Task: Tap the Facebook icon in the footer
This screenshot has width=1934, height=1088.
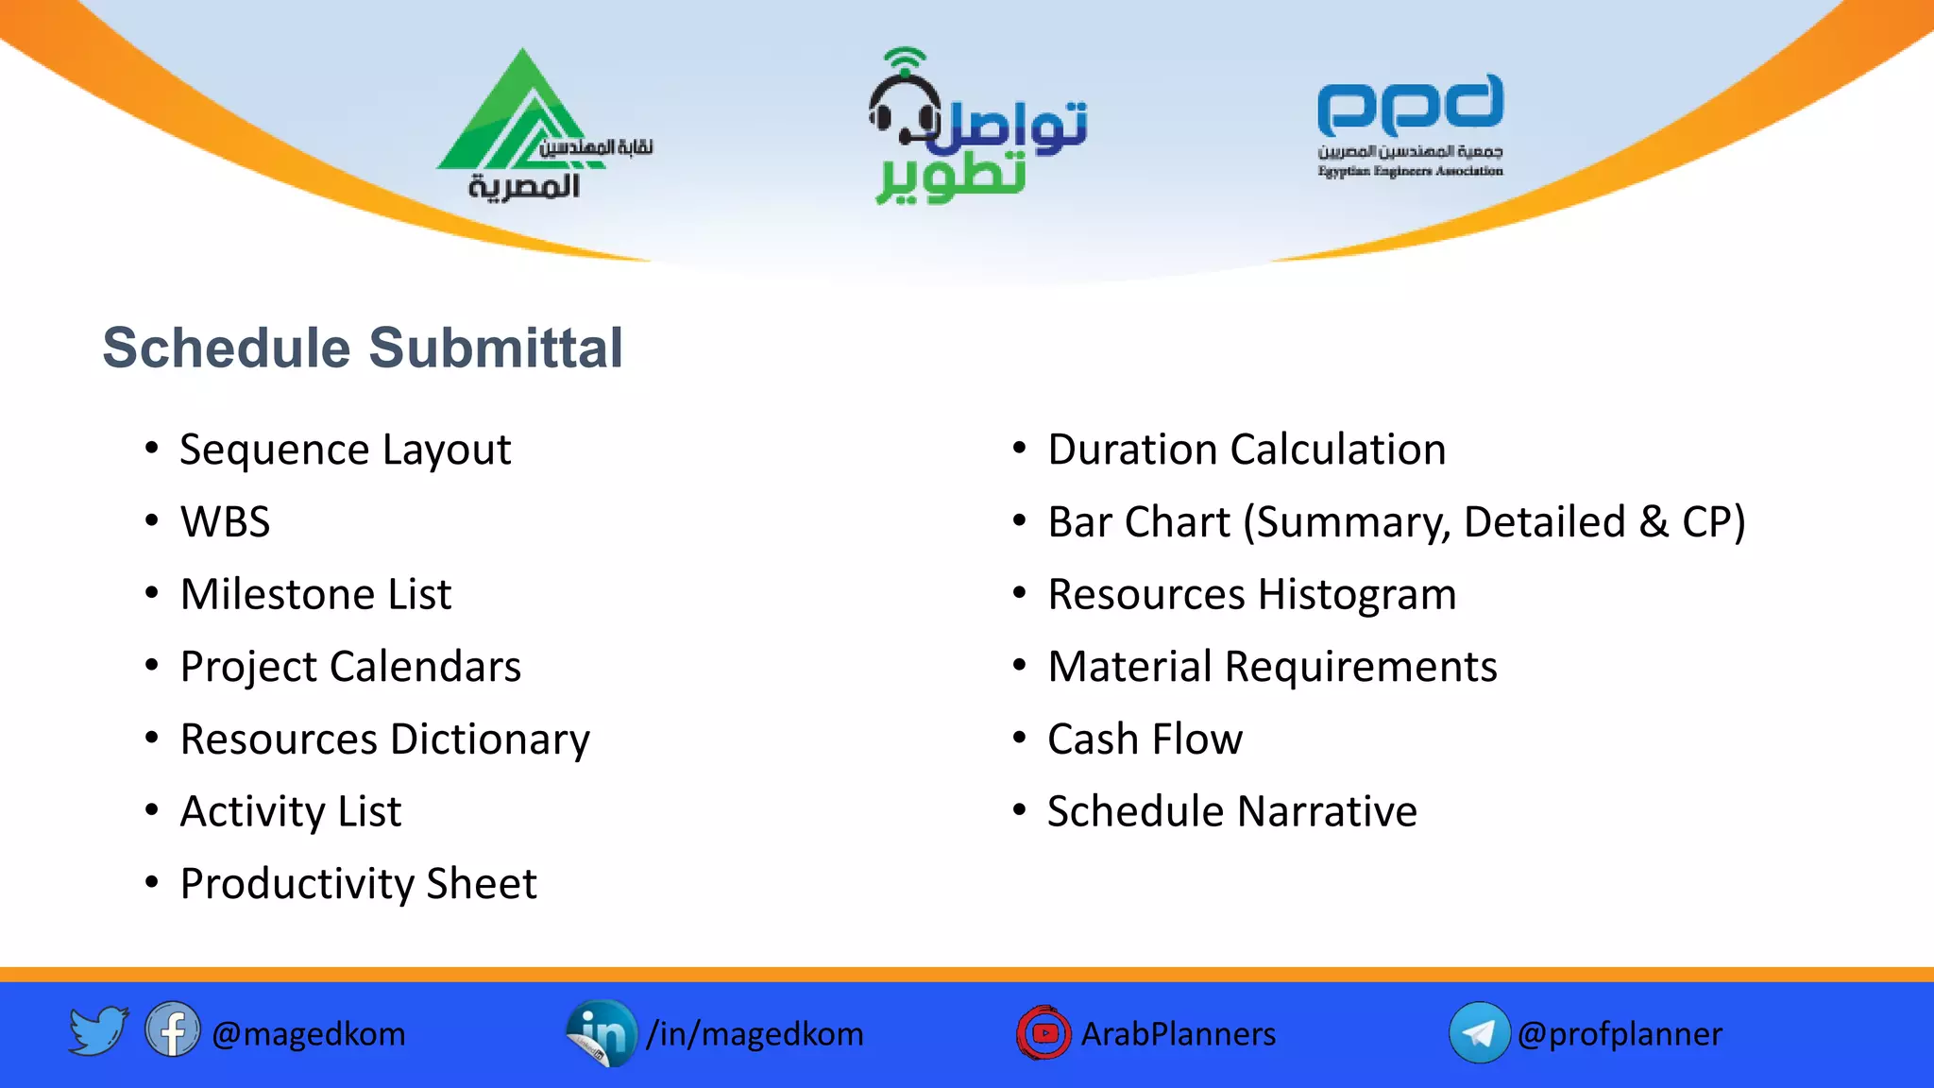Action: click(172, 1029)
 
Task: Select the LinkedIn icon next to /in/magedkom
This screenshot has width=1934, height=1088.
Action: click(602, 1033)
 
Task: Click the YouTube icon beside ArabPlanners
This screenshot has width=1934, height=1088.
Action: click(1043, 1032)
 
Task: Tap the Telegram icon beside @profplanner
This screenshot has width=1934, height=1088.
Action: click(1479, 1032)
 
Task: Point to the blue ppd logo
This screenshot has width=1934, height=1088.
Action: click(1410, 106)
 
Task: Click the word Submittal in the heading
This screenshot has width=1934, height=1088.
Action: click(496, 348)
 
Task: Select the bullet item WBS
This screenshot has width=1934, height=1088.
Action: click(225, 522)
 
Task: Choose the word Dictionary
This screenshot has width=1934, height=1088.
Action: click(490, 739)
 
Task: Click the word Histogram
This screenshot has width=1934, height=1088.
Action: click(1357, 595)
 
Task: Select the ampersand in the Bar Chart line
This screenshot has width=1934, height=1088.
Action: click(1654, 522)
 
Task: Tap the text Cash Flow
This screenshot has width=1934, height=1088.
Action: click(1145, 739)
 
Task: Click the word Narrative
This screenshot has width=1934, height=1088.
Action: click(1327, 812)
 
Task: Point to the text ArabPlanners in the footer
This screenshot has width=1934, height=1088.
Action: click(1178, 1034)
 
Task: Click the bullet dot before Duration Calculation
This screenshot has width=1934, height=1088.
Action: click(1019, 449)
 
